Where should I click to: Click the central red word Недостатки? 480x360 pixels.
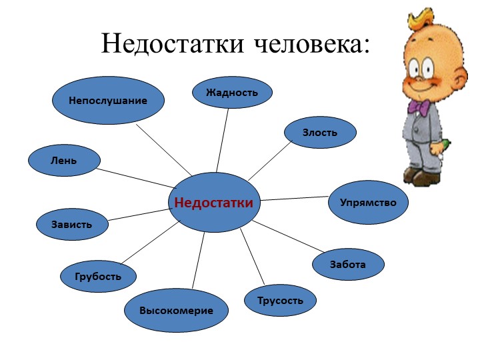tap(214, 203)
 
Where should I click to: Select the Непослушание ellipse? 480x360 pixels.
tap(108, 101)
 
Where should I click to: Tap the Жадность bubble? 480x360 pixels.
tap(232, 93)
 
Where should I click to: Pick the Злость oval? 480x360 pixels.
tap(320, 133)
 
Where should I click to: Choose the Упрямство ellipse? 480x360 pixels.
tap(368, 203)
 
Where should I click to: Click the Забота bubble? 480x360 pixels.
tap(348, 264)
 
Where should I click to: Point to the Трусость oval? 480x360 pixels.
tap(280, 300)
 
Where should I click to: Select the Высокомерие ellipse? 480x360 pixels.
tap(176, 311)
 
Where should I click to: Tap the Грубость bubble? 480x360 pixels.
tap(98, 277)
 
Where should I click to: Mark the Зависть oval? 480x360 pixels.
tap(72, 225)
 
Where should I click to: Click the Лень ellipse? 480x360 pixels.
tap(64, 161)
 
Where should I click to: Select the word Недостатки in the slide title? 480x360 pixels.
tap(173, 43)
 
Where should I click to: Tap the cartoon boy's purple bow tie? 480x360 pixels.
tap(419, 107)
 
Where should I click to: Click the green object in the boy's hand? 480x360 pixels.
tap(444, 145)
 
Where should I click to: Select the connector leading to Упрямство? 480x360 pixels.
tap(295, 199)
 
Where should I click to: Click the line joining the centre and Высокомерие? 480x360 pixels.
tap(198, 260)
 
